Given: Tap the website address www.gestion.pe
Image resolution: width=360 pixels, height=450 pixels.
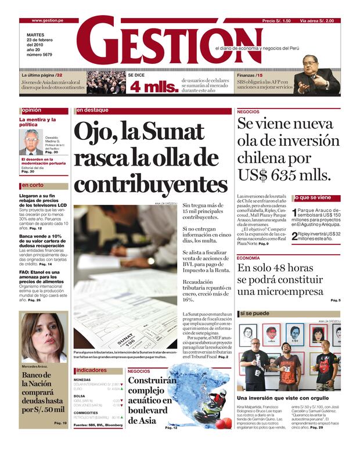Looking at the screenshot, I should (48, 20).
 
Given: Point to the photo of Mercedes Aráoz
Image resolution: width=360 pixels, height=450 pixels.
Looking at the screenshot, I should (44, 337).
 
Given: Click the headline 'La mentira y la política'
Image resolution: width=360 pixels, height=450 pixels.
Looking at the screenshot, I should (38, 122).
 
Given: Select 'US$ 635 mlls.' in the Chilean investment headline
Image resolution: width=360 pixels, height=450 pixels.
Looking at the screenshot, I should (284, 175).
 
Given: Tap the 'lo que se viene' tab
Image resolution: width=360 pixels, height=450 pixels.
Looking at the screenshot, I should (316, 198).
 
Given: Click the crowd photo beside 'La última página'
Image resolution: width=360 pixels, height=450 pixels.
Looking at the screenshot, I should (106, 82).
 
